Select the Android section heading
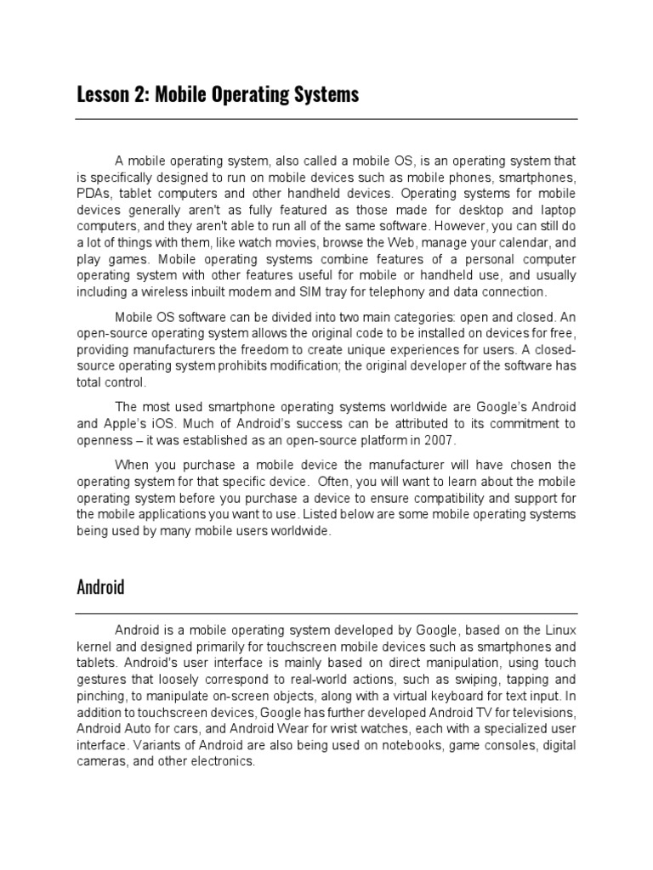(100, 587)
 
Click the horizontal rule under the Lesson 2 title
(326, 119)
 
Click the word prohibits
(247, 366)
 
